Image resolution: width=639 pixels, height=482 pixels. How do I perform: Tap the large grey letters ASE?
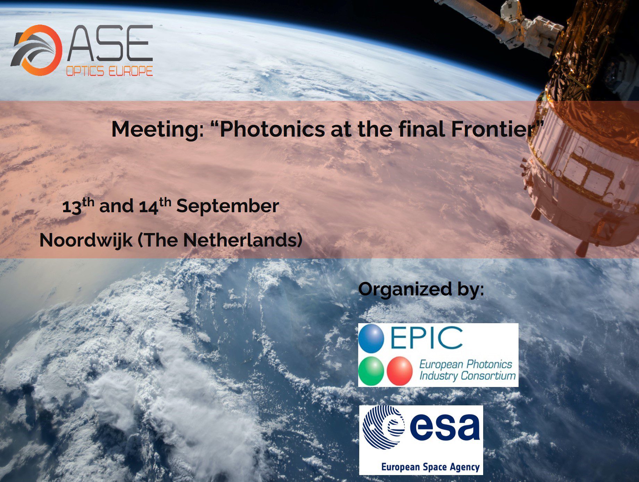[x=110, y=43]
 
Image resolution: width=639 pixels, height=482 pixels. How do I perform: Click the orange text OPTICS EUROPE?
[x=109, y=71]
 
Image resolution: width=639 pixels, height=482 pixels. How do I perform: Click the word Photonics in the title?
[x=272, y=129]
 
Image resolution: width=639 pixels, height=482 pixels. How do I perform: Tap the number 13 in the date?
[x=72, y=207]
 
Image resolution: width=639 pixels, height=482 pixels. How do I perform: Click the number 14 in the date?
[x=149, y=207]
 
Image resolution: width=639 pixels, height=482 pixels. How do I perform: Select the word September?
[x=228, y=207]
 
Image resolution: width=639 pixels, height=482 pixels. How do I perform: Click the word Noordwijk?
[x=86, y=240]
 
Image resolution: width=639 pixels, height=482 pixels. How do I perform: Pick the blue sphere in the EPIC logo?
[x=371, y=338]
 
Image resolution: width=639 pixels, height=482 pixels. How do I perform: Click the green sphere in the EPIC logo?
[x=371, y=371]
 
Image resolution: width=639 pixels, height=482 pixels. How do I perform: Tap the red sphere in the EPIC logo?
[x=400, y=371]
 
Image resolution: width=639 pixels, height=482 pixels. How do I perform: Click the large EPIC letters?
[x=427, y=337]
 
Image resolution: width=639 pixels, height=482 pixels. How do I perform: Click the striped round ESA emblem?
[x=384, y=428]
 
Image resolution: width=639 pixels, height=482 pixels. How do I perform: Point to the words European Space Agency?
[x=430, y=467]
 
